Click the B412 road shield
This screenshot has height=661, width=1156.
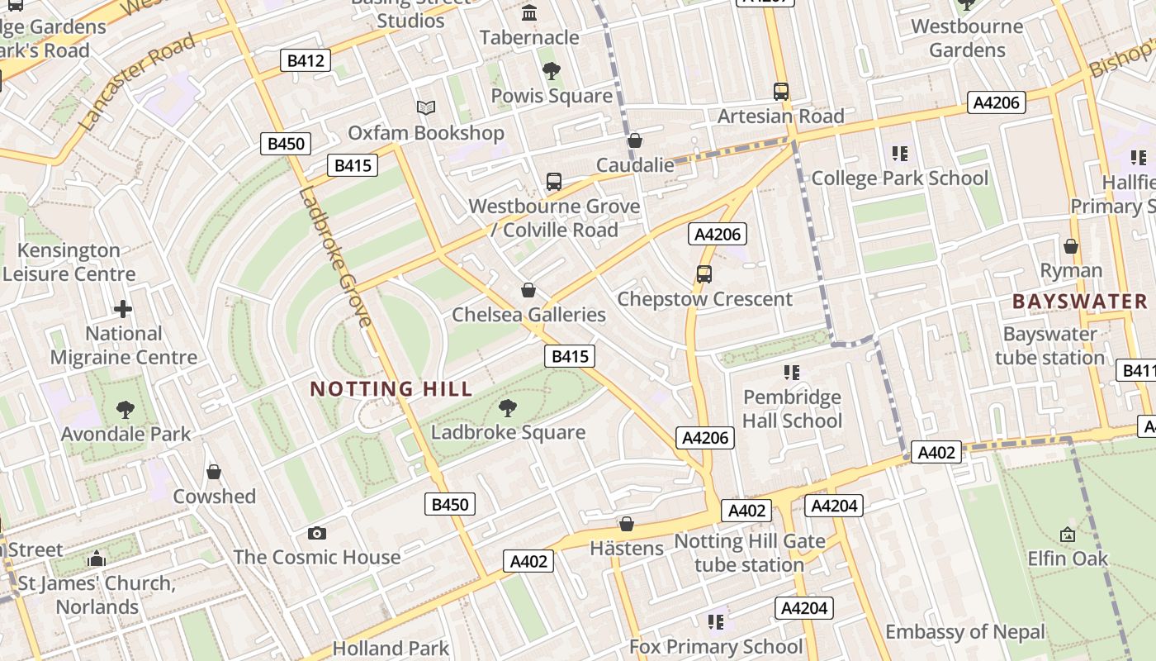(306, 60)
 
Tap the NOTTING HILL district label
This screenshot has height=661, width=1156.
(391, 388)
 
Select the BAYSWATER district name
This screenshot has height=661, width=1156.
(1080, 302)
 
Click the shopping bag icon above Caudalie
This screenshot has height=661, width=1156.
(635, 140)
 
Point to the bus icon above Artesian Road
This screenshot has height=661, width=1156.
(781, 91)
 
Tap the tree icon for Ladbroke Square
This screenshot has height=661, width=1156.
(508, 407)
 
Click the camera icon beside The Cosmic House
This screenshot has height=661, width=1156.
(316, 533)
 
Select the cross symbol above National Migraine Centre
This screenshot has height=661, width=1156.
(123, 310)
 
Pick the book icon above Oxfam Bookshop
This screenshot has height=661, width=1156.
(426, 108)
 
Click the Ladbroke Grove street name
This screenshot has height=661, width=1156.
(334, 256)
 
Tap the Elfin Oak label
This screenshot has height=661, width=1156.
(1068, 559)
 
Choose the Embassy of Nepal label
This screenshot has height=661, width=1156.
(965, 632)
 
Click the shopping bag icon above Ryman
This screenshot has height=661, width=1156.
(1071, 246)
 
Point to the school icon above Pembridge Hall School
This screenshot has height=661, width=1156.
(792, 373)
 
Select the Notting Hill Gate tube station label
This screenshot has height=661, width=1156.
(750, 554)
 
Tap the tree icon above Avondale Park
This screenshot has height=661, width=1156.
(126, 409)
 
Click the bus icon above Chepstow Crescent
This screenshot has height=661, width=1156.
(704, 274)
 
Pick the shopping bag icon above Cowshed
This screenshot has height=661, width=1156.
(214, 472)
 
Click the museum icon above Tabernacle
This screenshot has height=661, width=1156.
(529, 13)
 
